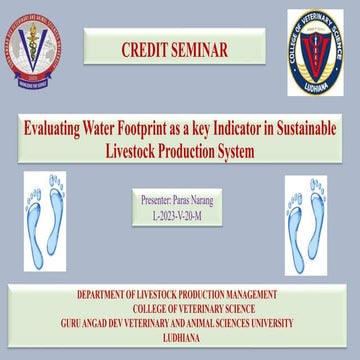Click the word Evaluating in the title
click(x=61, y=131)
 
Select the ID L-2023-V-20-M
click(x=180, y=215)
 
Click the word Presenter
click(x=158, y=201)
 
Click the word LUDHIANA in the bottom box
click(x=180, y=338)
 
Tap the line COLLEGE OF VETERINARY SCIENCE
click(x=180, y=309)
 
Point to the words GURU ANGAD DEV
click(x=107, y=323)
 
